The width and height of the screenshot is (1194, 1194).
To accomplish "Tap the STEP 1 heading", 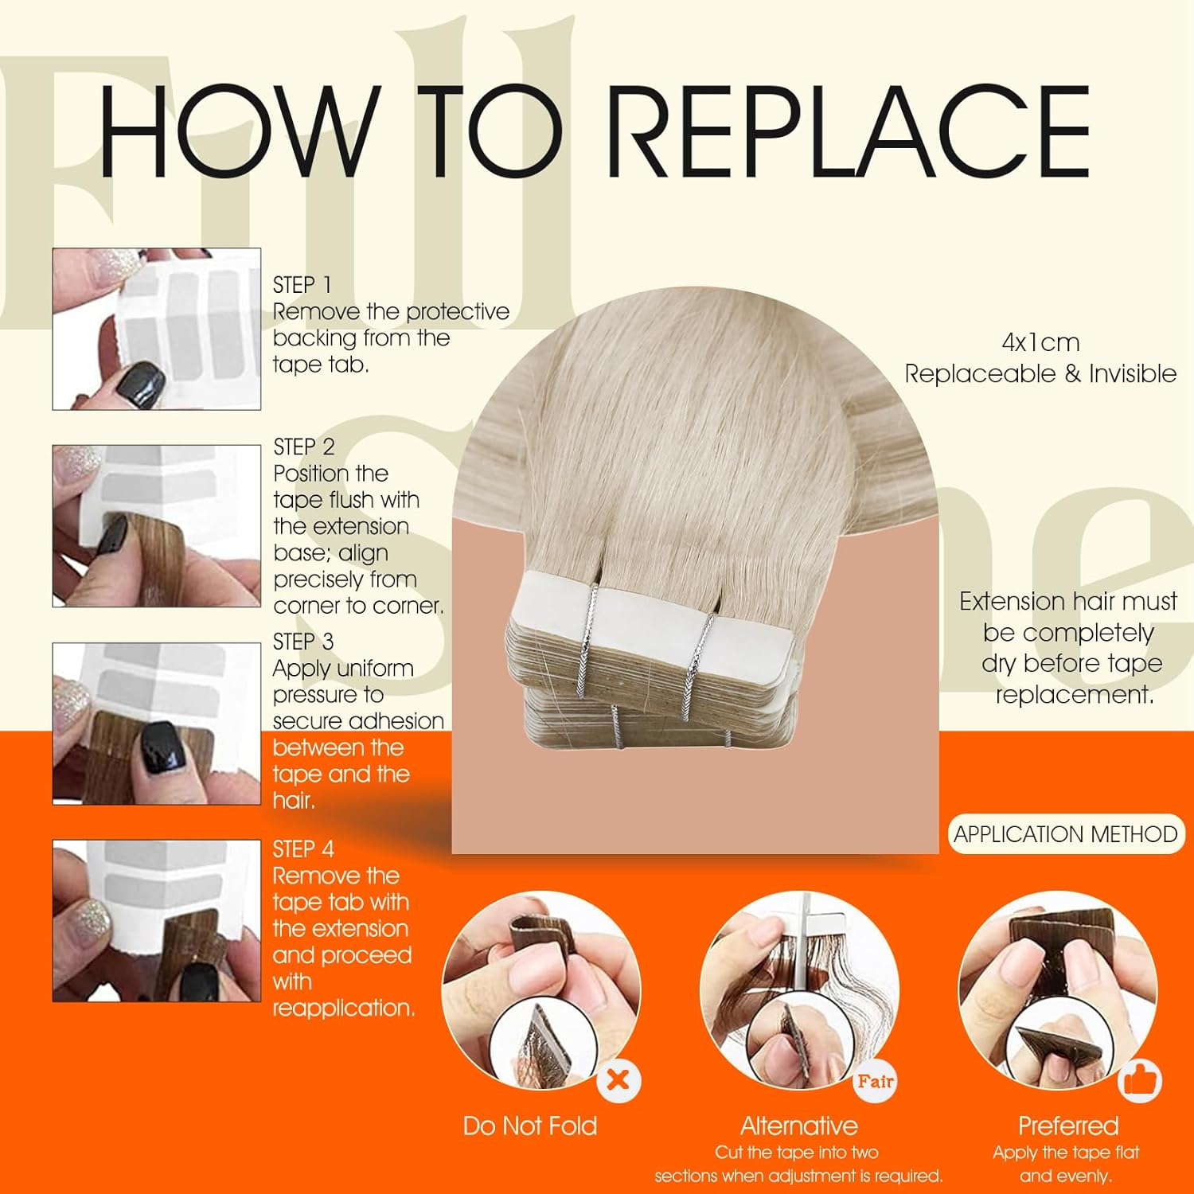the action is coord(302,285).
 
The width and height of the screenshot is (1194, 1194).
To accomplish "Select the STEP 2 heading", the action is coord(304,447).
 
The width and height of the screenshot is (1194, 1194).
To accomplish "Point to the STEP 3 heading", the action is coord(303,642).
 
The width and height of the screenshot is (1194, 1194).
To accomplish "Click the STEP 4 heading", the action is coord(303,849).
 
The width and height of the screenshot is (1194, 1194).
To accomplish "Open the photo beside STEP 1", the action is coord(157,330).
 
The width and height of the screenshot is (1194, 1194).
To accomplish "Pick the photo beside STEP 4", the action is coord(157,921).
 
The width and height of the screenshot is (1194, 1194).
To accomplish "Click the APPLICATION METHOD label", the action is coord(1066,834).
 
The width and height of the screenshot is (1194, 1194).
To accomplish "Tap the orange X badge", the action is coord(618,1080).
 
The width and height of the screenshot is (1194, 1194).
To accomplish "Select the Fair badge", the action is coord(875,1081).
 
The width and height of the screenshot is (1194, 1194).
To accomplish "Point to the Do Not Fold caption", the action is coord(530,1126).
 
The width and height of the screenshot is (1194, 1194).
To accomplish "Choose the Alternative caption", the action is coord(799,1126).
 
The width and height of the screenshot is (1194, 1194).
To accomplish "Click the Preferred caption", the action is coord(1068,1126).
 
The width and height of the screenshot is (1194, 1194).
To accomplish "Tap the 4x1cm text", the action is coord(1040,343).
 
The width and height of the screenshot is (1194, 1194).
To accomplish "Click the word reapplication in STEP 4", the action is coord(343,1009).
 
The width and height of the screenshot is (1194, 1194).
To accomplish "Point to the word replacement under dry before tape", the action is coord(1075,695).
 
